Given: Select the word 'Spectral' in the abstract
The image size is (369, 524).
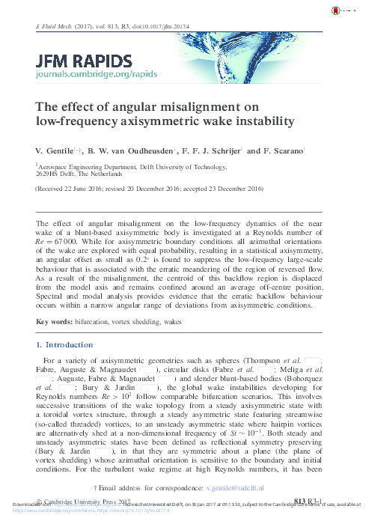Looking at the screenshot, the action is [54, 317].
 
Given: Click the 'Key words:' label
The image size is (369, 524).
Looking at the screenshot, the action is [55, 343].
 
